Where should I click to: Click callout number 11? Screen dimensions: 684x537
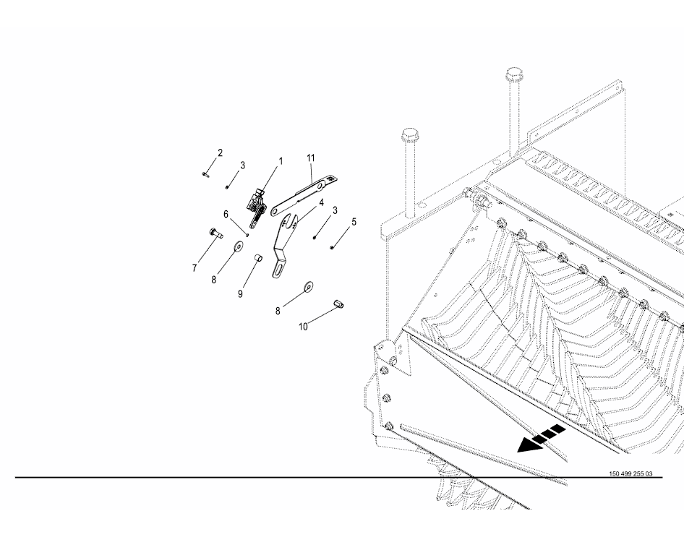click(x=311, y=158)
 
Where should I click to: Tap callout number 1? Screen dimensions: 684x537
click(x=281, y=161)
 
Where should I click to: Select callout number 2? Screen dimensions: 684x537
click(x=221, y=153)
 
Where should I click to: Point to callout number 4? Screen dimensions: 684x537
click(x=321, y=202)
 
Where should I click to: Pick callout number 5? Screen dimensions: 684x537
click(x=354, y=222)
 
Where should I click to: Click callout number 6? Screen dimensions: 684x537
click(x=226, y=215)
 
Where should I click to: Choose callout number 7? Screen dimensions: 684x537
click(x=194, y=269)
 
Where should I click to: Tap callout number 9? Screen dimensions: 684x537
click(x=240, y=294)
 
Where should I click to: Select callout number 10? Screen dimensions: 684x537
click(x=303, y=327)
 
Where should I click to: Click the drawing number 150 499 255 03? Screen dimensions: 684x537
click(x=630, y=474)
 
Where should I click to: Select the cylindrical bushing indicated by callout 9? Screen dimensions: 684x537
click(x=258, y=259)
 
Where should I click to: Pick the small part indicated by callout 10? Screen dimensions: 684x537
click(x=338, y=304)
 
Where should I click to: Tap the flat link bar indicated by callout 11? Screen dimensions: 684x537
click(x=304, y=195)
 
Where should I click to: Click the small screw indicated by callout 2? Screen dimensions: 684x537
click(x=205, y=174)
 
